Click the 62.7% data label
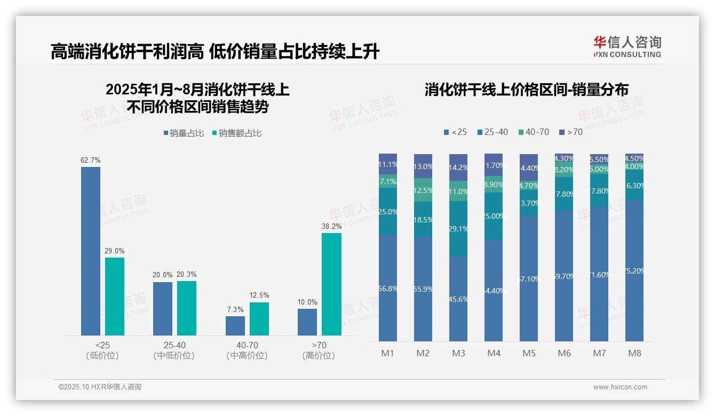[x=91, y=160]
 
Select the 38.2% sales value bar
[x=331, y=284]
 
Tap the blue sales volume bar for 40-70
[x=235, y=326]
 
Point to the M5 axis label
[x=529, y=353]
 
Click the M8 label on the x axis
[x=634, y=353]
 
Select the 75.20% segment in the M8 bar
[x=634, y=271]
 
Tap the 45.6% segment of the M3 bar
[x=458, y=299]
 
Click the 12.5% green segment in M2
[x=423, y=190]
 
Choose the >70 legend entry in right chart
[x=570, y=132]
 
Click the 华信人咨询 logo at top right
[x=627, y=47]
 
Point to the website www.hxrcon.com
[x=620, y=387]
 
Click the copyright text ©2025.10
[x=100, y=387]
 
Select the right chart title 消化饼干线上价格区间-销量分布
[x=526, y=90]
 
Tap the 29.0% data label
[x=115, y=251]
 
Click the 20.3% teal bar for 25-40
[x=187, y=308]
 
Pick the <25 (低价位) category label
[x=102, y=350]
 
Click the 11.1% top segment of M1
[x=388, y=164]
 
